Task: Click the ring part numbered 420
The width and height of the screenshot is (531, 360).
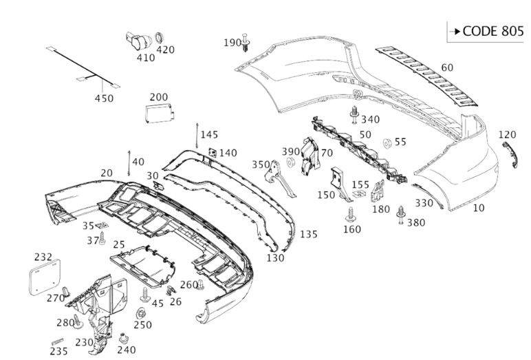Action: [160, 37]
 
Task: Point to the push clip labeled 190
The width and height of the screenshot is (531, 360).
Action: [247, 45]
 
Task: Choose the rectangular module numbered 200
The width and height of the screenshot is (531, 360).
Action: [158, 112]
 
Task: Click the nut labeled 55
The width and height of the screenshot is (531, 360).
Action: [386, 142]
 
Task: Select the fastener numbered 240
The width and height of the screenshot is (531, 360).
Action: [124, 339]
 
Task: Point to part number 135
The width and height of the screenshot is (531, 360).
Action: [309, 234]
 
